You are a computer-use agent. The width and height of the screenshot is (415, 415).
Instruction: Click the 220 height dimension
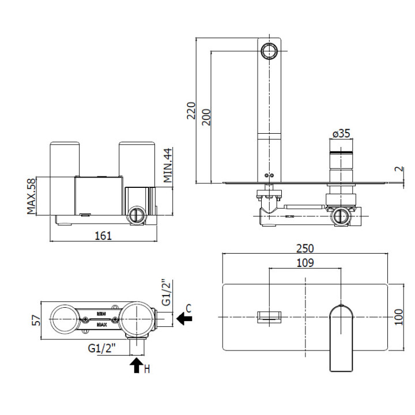191,110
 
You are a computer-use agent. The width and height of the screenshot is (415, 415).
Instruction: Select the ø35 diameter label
341,134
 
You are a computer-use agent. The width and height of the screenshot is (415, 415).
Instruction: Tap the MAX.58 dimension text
31,196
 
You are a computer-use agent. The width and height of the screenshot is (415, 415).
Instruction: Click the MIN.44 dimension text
168,165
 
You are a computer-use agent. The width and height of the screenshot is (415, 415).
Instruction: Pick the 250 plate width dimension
305,248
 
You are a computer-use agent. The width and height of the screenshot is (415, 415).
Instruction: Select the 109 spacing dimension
305,263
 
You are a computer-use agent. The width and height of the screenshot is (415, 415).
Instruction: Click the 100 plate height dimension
399,316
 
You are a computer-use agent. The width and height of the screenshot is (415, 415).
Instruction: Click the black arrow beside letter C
184,318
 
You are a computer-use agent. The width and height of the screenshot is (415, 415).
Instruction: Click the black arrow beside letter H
137,365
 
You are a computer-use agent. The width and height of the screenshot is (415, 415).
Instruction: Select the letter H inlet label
147,368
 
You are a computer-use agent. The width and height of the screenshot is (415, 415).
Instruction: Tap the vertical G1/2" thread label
167,293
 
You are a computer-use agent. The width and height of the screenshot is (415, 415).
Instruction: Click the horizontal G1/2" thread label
103,348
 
